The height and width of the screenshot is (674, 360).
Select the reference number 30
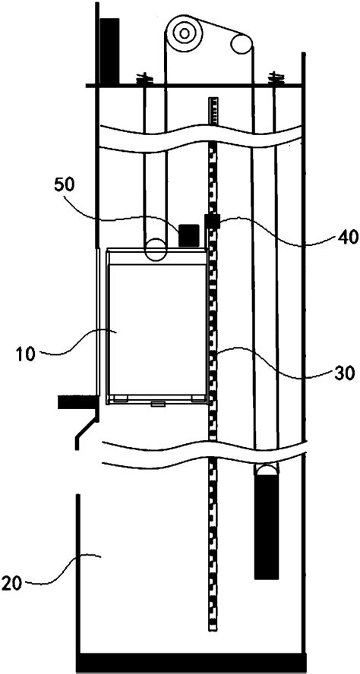(346, 372)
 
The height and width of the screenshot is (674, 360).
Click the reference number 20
(11, 584)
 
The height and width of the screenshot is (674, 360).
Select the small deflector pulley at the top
(242, 43)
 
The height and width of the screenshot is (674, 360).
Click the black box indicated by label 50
(189, 235)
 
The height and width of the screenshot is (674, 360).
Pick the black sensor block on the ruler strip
(213, 222)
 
